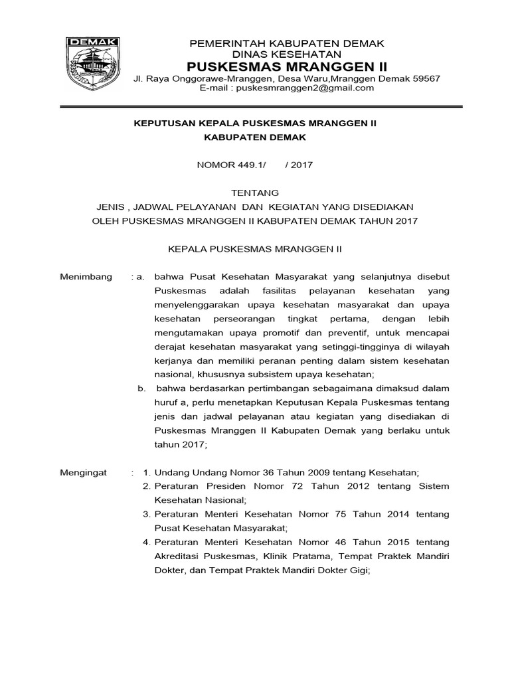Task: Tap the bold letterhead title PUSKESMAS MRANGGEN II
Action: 287,67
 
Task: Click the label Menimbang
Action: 86,276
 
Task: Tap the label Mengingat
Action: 84,472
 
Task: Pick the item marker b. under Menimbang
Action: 141,388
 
